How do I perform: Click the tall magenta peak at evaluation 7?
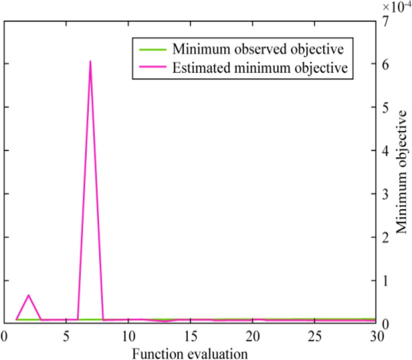coord(90,62)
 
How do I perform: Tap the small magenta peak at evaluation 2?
coord(28,295)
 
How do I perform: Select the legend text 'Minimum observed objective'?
coord(258,49)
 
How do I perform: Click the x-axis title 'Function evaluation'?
coord(191,352)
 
